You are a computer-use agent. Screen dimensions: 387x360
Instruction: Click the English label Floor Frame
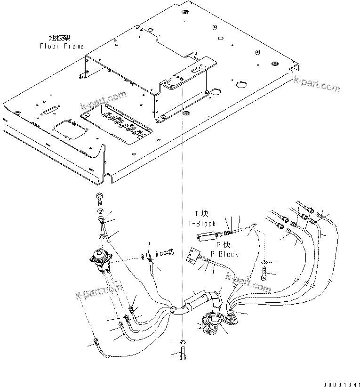tap(62, 46)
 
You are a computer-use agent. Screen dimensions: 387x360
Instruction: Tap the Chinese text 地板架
tap(60, 38)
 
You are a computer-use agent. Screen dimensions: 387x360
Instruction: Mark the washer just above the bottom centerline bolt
tap(183, 341)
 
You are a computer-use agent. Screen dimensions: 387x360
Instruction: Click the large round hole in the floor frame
tap(241, 86)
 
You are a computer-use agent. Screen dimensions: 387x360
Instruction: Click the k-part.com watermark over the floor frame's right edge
tap(316, 85)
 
